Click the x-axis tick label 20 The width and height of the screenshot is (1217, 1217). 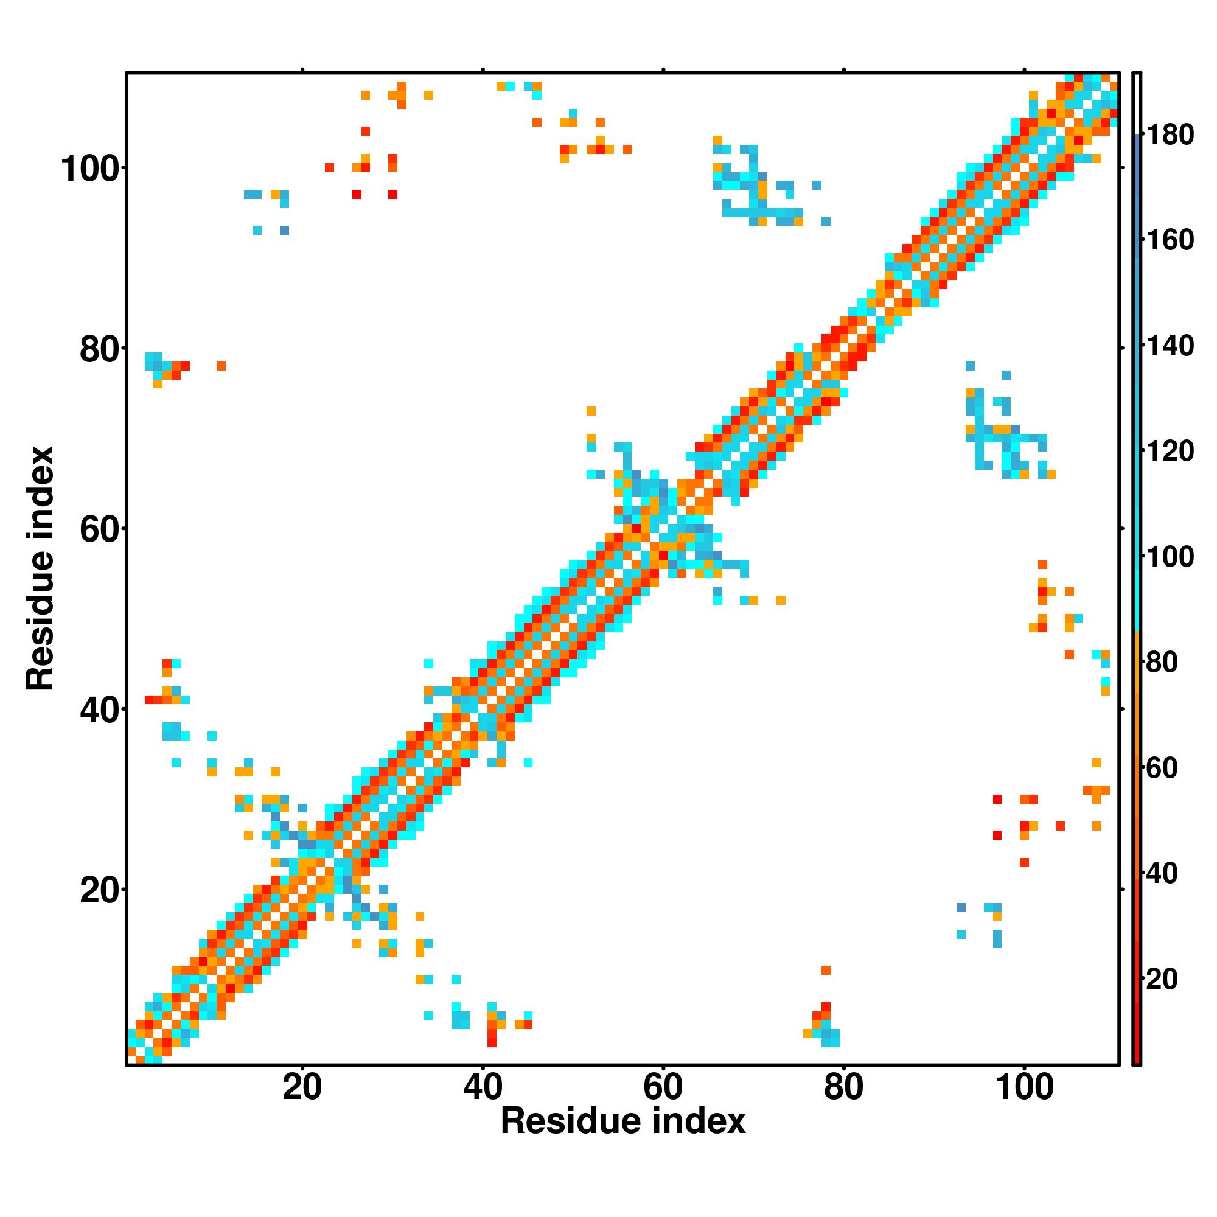[x=302, y=1089]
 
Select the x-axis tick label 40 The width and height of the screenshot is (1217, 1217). [x=483, y=1089]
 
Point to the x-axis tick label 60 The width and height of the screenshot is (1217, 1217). [x=663, y=1089]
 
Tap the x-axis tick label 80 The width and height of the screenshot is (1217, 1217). [x=843, y=1089]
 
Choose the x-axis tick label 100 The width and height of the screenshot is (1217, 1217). [x=1024, y=1089]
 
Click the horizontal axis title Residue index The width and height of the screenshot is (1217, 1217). [x=623, y=1122]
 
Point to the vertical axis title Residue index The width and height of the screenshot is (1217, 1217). [x=40, y=569]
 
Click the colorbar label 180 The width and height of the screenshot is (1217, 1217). [x=1170, y=135]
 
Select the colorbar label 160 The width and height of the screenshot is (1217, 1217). [x=1170, y=240]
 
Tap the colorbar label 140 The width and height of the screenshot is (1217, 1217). [x=1170, y=346]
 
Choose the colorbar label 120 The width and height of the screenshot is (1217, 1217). [x=1170, y=452]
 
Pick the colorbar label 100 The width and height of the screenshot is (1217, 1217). [x=1170, y=557]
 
